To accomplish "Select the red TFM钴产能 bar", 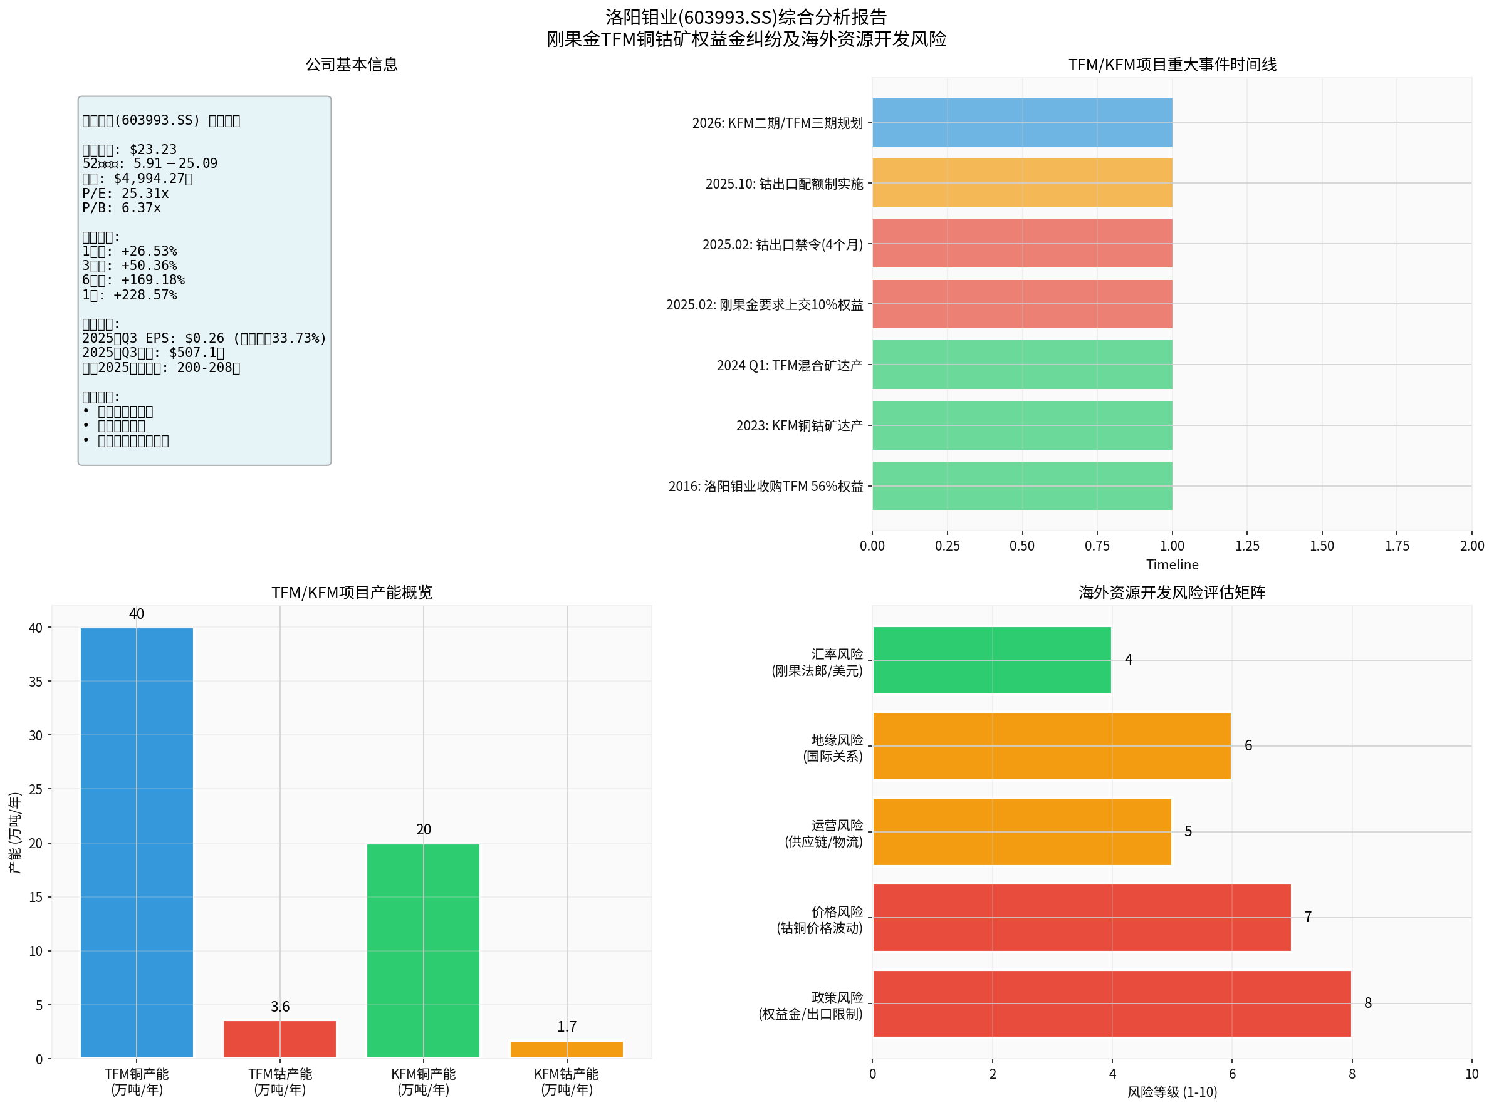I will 279,1039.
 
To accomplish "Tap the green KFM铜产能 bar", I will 423,950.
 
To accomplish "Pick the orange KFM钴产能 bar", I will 567,1049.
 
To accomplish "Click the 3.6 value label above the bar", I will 279,1007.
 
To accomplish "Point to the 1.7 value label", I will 567,1027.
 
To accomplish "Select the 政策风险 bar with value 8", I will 1112,1003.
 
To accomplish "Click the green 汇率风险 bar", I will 991,660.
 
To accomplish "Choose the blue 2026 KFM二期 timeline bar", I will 1021,122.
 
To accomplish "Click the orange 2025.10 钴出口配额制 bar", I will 1021,183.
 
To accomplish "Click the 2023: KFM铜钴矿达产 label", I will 799,425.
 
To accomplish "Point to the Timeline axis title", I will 1172,564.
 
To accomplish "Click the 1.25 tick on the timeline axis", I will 1246,546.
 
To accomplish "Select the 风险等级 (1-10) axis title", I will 1172,1092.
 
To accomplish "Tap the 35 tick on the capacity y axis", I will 36,682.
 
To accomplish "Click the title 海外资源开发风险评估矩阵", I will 1172,592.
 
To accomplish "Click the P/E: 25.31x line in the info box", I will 126,194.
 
